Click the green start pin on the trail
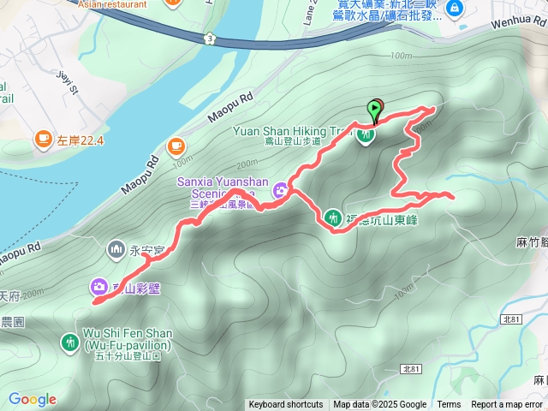[x=374, y=110]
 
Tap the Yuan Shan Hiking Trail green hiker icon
[x=366, y=136]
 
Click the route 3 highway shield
[x=210, y=38]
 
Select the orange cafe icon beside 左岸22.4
[x=42, y=139]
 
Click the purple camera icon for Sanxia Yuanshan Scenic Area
[x=280, y=193]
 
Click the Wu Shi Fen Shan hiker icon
[x=69, y=342]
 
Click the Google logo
[x=32, y=400]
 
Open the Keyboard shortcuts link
[x=285, y=405]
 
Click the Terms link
[x=449, y=405]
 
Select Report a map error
[x=508, y=405]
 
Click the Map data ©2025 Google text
[x=379, y=405]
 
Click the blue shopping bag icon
[x=455, y=9]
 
